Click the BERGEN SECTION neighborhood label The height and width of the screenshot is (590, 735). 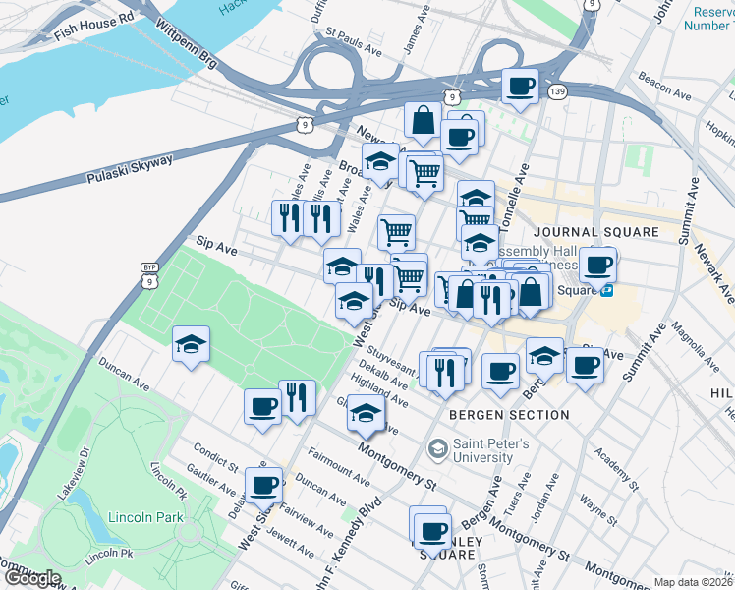(509, 415)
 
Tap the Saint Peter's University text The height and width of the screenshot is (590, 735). (491, 450)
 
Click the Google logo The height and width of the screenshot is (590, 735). (31, 578)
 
